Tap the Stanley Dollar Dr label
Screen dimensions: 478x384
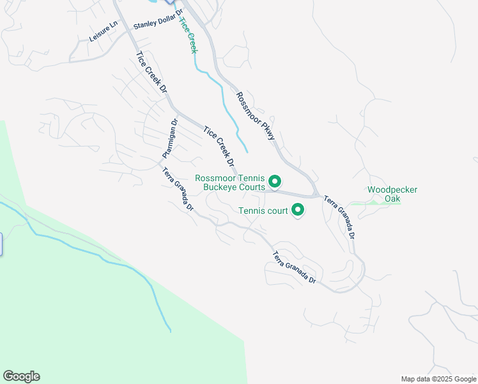(x=158, y=19)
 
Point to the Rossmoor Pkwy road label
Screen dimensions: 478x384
(x=255, y=116)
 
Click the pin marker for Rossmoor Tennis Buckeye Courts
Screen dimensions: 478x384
(x=275, y=182)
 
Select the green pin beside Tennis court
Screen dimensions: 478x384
(x=297, y=209)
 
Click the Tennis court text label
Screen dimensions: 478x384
(x=263, y=210)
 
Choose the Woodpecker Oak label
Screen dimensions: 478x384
(x=384, y=194)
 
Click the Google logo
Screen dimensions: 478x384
(x=21, y=376)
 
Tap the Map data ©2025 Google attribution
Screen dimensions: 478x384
(x=438, y=379)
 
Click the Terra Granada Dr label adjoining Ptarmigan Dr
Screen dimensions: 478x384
(x=178, y=189)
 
